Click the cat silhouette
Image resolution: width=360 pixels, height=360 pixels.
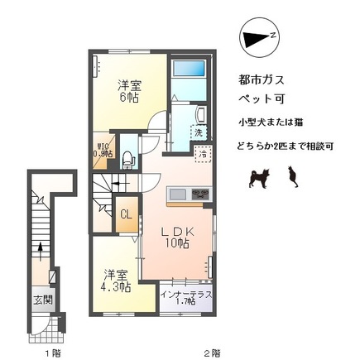click(x=291, y=175)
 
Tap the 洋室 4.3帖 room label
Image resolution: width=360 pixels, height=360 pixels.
click(x=116, y=282)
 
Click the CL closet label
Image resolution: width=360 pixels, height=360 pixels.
click(x=126, y=215)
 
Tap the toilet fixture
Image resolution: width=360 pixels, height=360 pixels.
click(x=127, y=159)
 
